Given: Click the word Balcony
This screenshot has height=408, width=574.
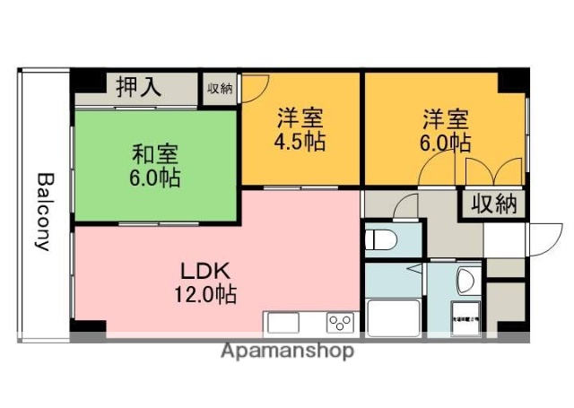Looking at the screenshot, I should click(x=42, y=211).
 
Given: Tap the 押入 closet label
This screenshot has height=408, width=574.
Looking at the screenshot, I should click(x=139, y=87).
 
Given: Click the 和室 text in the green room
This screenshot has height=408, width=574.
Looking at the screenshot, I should click(x=152, y=153).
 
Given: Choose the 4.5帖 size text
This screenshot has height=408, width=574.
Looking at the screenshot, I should click(x=300, y=141).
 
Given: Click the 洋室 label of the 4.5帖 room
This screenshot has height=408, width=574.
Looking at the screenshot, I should click(x=300, y=117).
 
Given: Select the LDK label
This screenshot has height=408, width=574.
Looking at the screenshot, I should click(x=207, y=270).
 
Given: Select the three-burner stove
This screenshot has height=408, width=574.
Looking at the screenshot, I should click(x=340, y=322).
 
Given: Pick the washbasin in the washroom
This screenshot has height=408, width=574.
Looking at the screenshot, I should click(x=465, y=281).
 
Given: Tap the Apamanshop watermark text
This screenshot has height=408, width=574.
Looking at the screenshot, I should click(x=287, y=351).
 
